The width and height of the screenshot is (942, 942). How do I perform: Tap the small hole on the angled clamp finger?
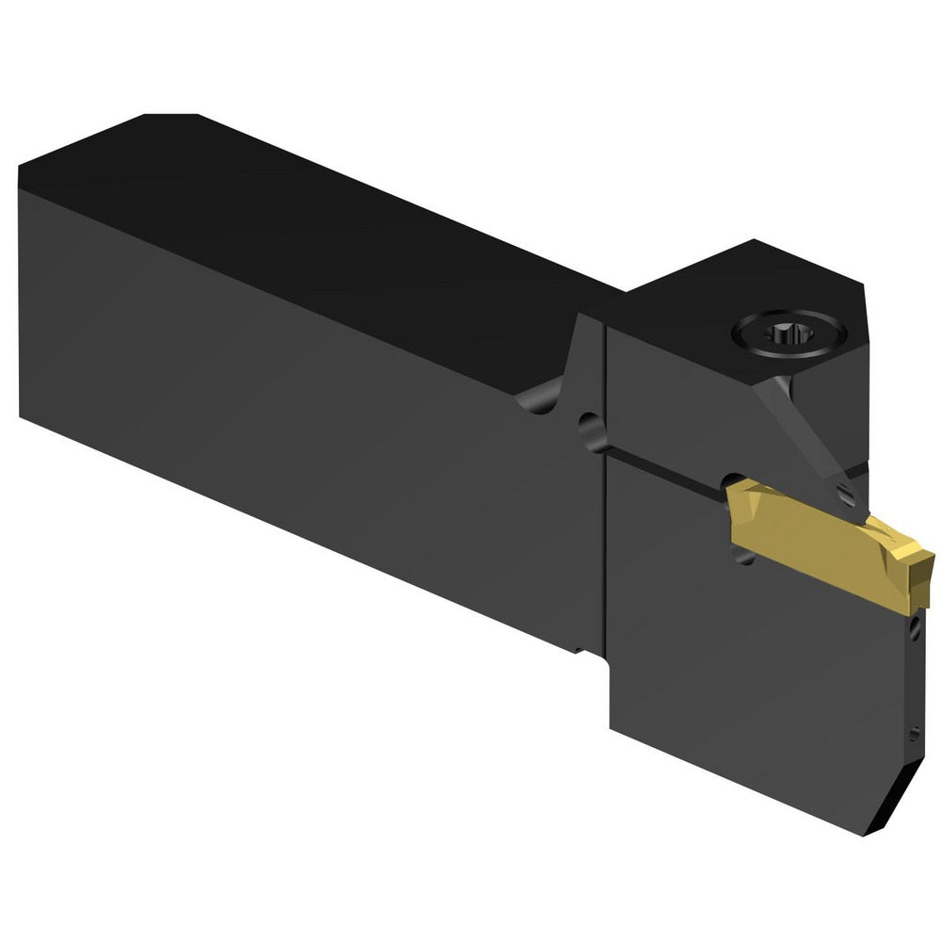(x=845, y=492)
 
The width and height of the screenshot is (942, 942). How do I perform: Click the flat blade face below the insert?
(x=754, y=678)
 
